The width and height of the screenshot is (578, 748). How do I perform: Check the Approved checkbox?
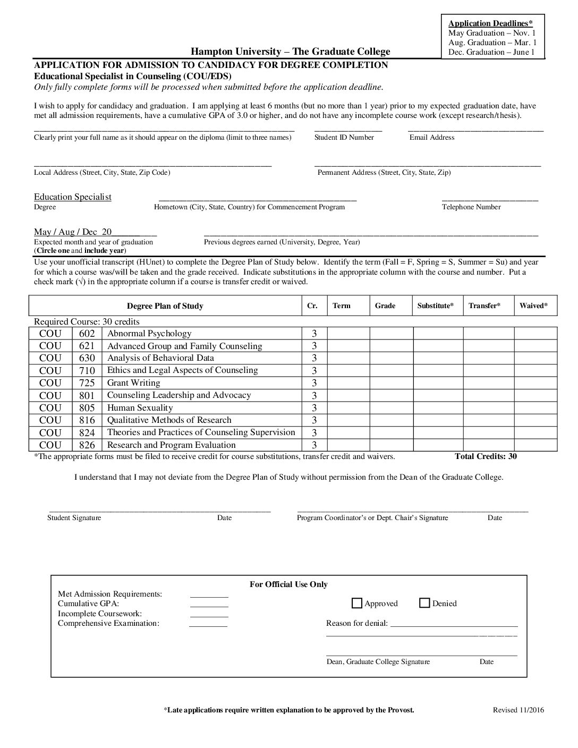click(x=357, y=603)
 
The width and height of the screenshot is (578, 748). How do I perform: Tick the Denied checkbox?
click(x=424, y=603)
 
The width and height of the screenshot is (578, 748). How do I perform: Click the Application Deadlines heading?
click(x=490, y=23)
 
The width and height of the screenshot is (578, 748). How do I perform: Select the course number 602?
click(x=87, y=334)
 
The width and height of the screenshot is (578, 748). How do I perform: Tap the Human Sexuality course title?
click(x=140, y=408)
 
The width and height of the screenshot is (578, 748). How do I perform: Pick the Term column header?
click(x=342, y=306)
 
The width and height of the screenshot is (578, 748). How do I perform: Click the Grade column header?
click(x=385, y=306)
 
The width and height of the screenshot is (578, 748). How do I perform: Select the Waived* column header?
click(x=533, y=306)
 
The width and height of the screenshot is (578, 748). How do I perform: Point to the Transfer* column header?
click(x=484, y=306)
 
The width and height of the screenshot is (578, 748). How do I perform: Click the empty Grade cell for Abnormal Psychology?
click(x=392, y=334)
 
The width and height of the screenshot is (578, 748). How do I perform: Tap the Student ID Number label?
click(x=344, y=138)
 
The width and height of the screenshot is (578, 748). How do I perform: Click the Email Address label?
click(x=432, y=138)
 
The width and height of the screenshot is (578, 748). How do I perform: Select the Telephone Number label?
click(x=471, y=207)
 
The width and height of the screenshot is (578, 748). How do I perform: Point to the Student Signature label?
click(x=74, y=518)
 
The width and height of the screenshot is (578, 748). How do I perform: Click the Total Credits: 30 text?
click(x=486, y=456)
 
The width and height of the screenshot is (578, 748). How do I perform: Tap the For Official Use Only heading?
click(x=288, y=584)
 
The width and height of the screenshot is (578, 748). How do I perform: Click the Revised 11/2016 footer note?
click(x=518, y=710)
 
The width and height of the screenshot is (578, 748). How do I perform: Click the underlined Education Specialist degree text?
click(x=73, y=197)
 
